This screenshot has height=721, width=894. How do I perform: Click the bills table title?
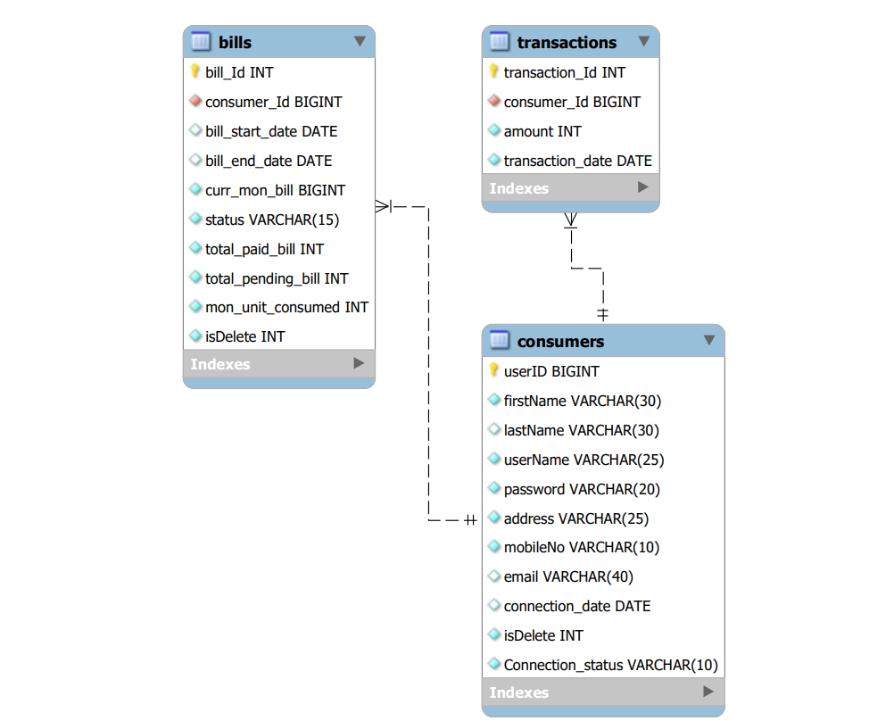235,43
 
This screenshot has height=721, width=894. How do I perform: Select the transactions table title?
567,43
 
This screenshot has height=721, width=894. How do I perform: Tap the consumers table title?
560,341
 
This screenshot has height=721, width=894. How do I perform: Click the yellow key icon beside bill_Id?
195,72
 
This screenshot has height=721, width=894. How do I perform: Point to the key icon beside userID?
494,370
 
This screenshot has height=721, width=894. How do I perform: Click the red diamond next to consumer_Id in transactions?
494,102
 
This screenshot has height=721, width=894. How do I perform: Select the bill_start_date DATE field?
271,131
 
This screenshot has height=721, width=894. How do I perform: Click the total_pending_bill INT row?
277,278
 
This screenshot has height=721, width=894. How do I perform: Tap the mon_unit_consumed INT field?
286,307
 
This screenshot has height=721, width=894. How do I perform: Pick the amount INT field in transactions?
542,131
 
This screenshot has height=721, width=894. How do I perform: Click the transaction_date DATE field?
577,161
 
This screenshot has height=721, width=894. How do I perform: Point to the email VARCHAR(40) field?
568,576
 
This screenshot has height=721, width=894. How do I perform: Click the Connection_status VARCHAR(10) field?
610,665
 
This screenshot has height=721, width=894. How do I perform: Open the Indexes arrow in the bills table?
359,363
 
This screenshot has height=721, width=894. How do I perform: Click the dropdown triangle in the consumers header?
709,340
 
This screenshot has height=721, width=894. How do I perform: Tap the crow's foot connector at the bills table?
384,207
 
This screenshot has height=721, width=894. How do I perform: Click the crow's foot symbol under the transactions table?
571,220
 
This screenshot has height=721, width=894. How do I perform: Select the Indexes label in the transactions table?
519,188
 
